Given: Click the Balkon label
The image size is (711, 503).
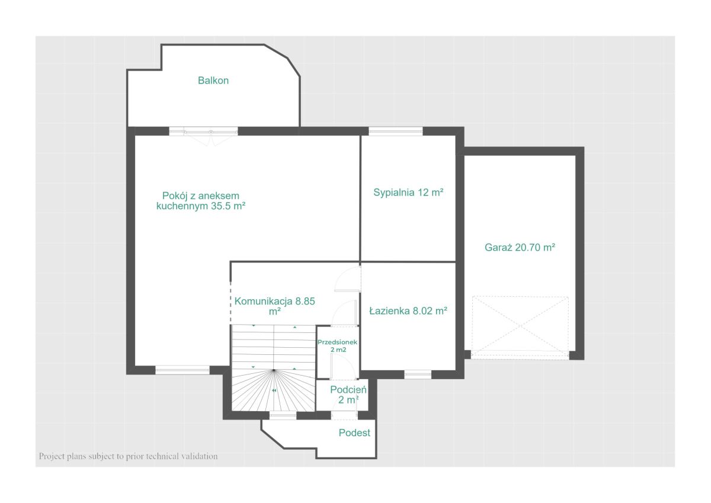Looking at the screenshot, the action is point(213,81).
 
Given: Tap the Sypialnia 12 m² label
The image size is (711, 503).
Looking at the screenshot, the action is point(408,193).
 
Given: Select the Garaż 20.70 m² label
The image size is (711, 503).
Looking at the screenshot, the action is point(520,247).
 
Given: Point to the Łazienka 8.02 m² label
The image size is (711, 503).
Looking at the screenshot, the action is point(408,310).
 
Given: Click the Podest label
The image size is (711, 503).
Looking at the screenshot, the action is point(354,432).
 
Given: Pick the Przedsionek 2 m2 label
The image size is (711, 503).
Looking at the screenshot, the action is point(337,346).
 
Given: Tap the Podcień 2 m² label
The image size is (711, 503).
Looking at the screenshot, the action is point(348,395).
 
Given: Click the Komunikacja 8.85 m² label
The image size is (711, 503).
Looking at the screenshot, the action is point(274,306).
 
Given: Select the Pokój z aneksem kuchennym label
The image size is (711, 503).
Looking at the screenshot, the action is point(201,201).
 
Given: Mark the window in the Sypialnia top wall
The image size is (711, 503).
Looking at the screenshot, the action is point(396,131).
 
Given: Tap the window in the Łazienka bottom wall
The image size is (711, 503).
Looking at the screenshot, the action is point(418,375).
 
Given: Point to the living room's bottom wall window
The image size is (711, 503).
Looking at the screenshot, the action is point(182,370).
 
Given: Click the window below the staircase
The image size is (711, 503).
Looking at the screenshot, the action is point(283,415).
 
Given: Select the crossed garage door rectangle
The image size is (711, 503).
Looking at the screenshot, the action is point(520,328).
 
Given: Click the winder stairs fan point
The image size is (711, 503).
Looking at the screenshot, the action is point(274,370).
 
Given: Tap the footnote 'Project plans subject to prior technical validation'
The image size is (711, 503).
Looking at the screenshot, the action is point(128,456).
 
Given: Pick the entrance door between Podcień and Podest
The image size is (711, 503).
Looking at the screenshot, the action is point(344,415).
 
